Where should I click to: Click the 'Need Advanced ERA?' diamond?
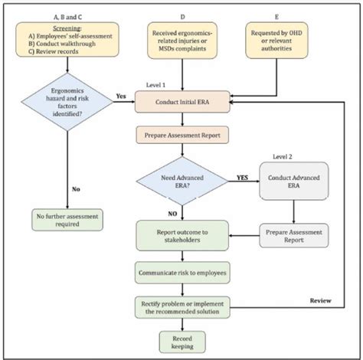click(181, 179)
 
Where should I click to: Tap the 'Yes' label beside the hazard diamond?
click(121, 97)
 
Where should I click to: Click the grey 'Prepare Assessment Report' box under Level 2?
click(293, 234)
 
